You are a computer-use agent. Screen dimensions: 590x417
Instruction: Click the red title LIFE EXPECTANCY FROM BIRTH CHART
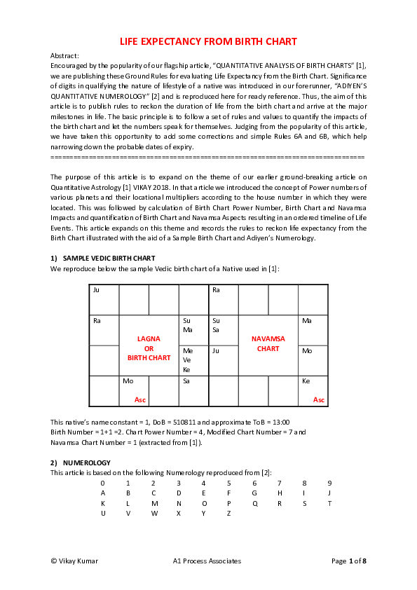click(208, 41)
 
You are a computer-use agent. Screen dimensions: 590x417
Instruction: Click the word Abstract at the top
click(65, 55)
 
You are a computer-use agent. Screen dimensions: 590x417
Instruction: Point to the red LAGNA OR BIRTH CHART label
click(149, 348)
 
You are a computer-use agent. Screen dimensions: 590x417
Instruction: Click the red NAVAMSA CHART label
click(268, 343)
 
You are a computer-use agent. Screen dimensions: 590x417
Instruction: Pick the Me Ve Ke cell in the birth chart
click(193, 359)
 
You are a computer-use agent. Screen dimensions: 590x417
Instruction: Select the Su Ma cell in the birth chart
click(193, 329)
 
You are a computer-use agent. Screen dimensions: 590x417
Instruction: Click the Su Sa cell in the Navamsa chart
click(223, 329)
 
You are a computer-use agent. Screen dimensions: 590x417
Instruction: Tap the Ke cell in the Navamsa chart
click(313, 390)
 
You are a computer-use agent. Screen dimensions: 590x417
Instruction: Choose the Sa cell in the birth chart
click(193, 390)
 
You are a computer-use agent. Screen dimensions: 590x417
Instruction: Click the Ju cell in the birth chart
click(104, 299)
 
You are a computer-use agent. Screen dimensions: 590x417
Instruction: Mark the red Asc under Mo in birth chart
click(140, 400)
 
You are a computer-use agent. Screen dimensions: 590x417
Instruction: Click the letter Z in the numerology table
click(228, 513)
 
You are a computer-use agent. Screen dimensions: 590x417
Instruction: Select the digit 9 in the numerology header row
click(329, 483)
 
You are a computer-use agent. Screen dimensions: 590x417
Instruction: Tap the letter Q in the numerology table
click(254, 503)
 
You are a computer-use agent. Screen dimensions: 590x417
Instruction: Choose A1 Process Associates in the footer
click(207, 561)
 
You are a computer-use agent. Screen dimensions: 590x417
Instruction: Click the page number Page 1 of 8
click(348, 561)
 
